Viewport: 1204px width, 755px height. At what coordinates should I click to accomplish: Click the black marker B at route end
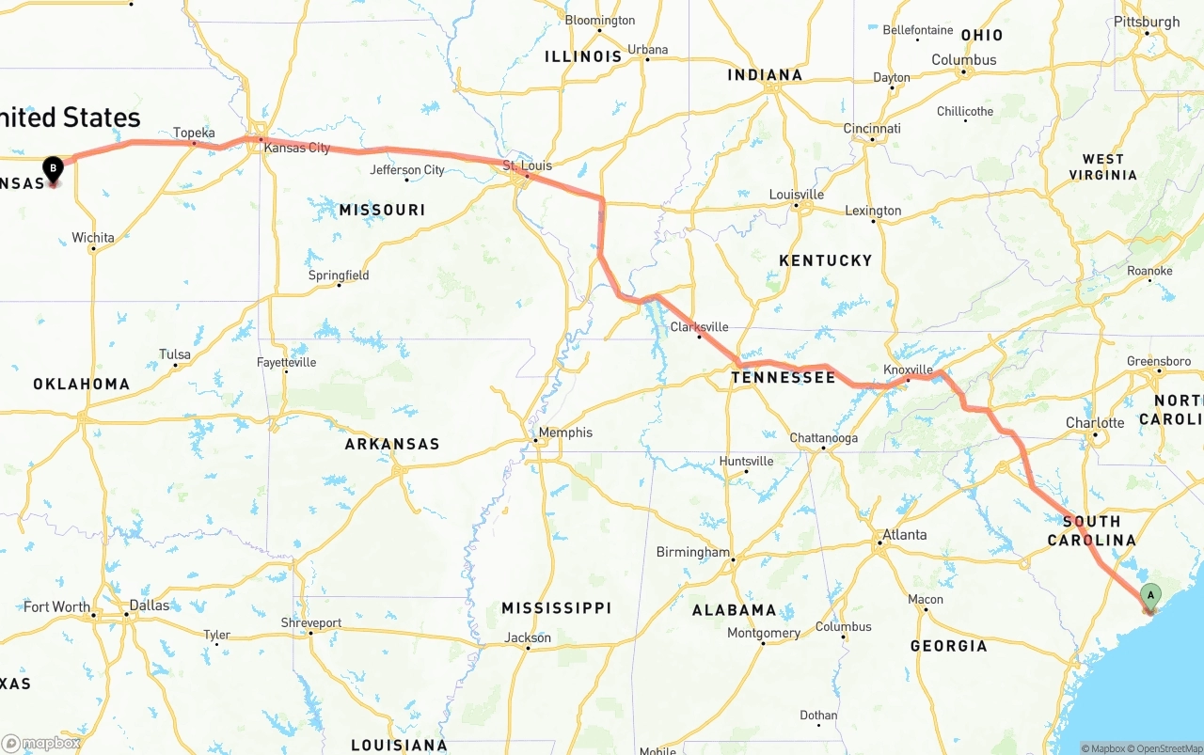point(54,169)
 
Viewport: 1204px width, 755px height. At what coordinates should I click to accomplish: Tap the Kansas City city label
point(296,148)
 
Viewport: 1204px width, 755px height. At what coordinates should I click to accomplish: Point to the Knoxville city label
point(908,370)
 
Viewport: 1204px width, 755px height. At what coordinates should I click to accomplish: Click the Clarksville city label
point(700,327)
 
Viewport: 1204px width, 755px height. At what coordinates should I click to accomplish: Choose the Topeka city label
point(194,133)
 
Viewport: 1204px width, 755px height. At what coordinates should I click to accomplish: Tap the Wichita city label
point(93,238)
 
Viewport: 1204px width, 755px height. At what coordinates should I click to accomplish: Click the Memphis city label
point(564,433)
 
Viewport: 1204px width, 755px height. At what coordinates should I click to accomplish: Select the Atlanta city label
point(904,535)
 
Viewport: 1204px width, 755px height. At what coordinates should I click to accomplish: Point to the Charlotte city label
point(1095,423)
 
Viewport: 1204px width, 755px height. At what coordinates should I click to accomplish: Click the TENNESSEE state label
point(784,378)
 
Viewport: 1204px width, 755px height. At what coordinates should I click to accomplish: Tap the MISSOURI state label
point(383,210)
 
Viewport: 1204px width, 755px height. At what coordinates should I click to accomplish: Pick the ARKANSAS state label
point(392,444)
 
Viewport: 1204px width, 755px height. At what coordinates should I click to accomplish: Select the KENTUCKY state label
point(825,260)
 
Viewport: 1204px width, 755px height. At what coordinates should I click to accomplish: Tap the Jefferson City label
point(407,170)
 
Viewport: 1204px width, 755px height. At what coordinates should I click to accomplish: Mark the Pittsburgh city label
point(1146,22)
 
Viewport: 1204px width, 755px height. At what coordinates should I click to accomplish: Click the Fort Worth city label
point(56,607)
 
